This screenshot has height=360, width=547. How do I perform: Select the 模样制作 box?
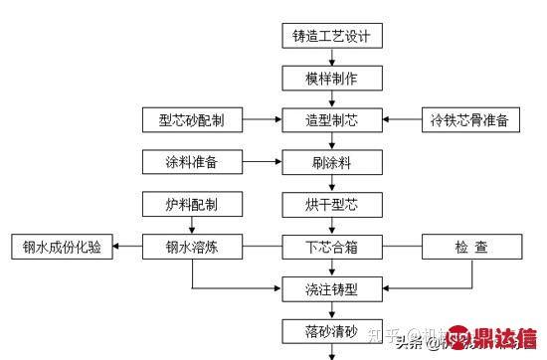coord(331,79)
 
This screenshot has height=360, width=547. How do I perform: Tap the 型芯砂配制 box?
coord(192,120)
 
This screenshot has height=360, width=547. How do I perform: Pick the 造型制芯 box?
coord(331,120)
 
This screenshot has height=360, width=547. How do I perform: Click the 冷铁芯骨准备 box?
coord(468,120)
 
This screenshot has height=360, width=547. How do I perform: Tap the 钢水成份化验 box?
coord(58,246)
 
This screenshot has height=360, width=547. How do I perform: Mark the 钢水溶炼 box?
coord(192,246)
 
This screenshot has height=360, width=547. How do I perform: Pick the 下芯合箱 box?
coord(331,246)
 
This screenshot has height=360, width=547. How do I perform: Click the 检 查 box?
coord(468,246)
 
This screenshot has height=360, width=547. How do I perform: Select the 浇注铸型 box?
coord(331,288)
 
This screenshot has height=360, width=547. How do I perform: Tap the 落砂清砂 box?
coord(331,329)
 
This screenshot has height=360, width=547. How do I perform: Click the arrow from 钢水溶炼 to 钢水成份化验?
coord(127,246)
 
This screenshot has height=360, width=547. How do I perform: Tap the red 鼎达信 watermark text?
coord(504,338)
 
